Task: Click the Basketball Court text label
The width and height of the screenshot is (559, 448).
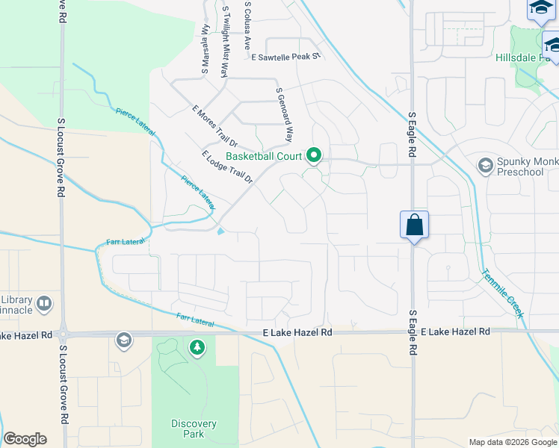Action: pyautogui.click(x=264, y=157)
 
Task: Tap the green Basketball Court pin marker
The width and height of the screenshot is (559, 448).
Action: pyautogui.click(x=315, y=156)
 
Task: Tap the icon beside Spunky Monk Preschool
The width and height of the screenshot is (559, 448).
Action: pyautogui.click(x=485, y=165)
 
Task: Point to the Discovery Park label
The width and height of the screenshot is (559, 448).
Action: pyautogui.click(x=193, y=429)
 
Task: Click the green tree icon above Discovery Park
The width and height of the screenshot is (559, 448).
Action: pyautogui.click(x=197, y=348)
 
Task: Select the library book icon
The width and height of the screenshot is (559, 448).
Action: pyautogui.click(x=44, y=303)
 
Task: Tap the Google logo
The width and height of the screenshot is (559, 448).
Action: pyautogui.click(x=25, y=439)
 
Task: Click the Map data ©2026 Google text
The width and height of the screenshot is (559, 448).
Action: pyautogui.click(x=513, y=442)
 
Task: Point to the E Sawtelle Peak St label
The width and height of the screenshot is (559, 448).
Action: pyautogui.click(x=285, y=57)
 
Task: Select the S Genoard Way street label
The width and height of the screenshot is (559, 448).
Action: pyautogui.click(x=285, y=113)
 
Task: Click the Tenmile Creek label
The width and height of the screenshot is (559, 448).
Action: pyautogui.click(x=503, y=293)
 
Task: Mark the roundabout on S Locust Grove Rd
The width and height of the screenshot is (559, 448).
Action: pyautogui.click(x=64, y=335)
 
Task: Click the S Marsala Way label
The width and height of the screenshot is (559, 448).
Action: pyautogui.click(x=204, y=49)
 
